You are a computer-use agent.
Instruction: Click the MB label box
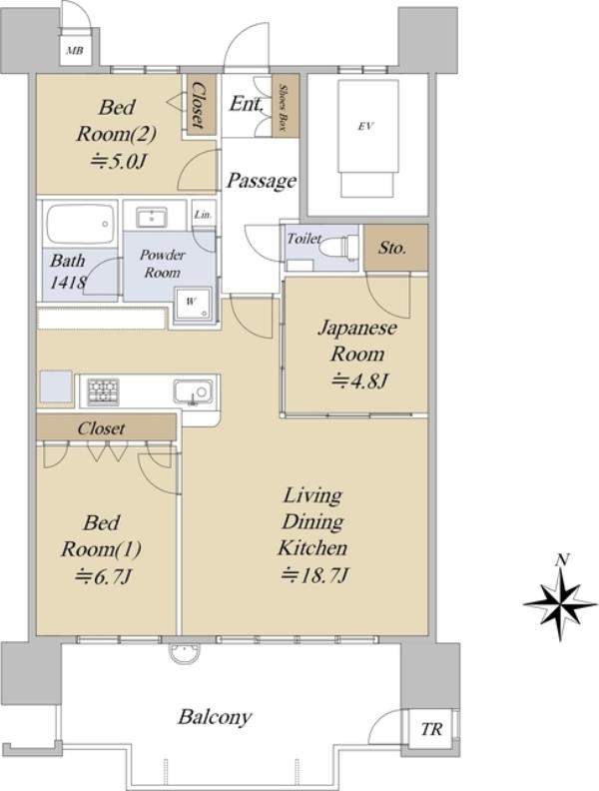75,50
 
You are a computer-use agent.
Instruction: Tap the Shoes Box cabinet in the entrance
285,106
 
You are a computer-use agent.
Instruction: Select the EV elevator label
365,126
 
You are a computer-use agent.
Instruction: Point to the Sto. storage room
395,249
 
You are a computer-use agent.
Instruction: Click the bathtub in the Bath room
80,224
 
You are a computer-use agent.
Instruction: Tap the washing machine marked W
192,303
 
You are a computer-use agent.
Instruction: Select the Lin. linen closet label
203,215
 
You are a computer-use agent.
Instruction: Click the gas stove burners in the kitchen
104,392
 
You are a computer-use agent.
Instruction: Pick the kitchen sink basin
193,392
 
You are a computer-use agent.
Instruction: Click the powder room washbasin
152,218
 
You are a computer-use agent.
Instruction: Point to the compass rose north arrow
560,602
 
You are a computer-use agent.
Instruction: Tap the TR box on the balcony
431,729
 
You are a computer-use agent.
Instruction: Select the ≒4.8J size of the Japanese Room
358,381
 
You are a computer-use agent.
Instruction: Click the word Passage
261,180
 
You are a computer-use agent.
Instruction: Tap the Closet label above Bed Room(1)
101,428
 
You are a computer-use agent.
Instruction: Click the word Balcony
215,717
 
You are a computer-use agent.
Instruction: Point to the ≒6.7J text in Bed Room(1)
104,575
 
